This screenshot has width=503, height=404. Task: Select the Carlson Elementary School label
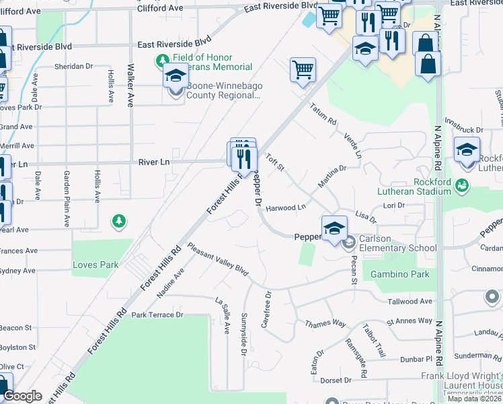(396, 248)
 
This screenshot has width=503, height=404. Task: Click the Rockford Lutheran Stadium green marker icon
(461, 184)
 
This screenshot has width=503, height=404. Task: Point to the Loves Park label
(95, 265)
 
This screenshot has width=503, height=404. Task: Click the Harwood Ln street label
(286, 208)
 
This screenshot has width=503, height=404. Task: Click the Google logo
(22, 396)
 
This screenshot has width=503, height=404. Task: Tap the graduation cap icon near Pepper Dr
(334, 228)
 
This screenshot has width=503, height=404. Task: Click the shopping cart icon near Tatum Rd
(303, 69)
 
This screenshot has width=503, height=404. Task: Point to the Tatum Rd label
(323, 113)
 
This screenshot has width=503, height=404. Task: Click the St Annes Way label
(409, 321)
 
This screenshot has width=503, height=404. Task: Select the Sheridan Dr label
(74, 66)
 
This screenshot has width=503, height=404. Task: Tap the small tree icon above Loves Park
(119, 220)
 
